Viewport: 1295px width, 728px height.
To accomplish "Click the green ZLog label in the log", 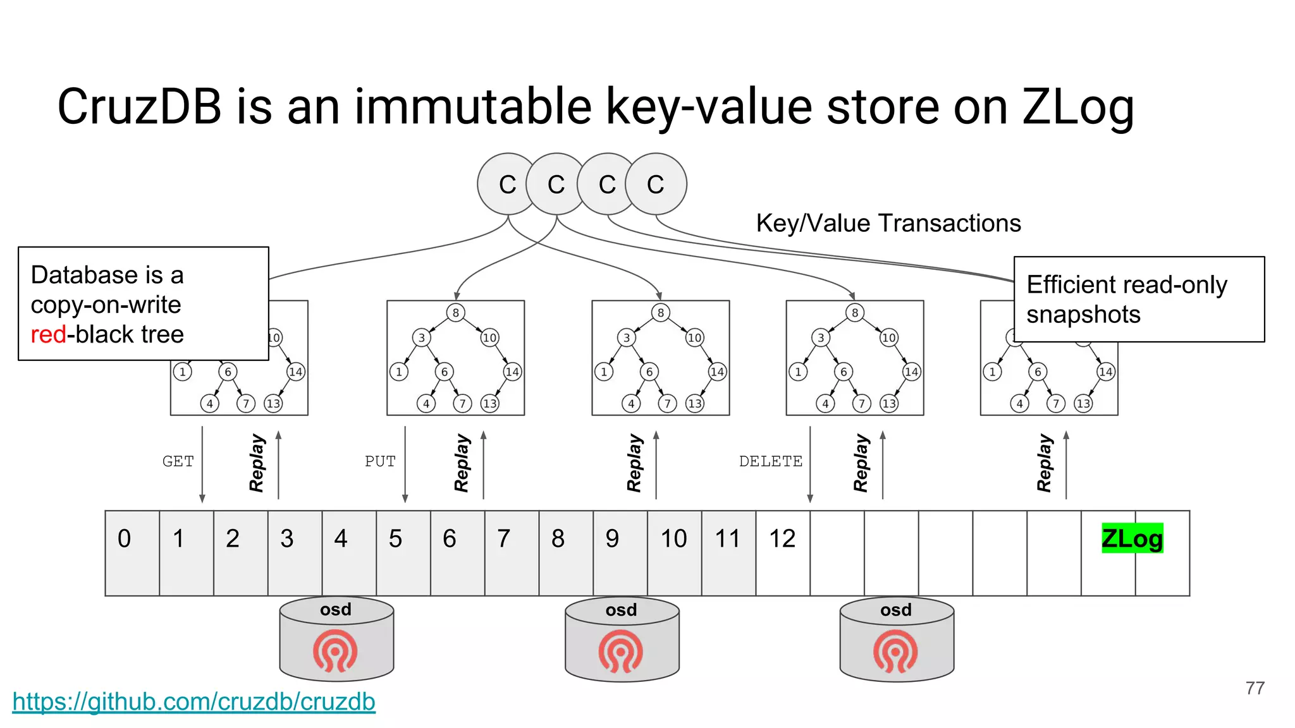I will pos(1132,538).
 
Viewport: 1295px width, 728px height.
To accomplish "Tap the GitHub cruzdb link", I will pos(193,702).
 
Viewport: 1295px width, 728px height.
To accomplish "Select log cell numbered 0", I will pos(132,552).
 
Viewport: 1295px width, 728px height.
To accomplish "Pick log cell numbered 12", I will pos(782,552).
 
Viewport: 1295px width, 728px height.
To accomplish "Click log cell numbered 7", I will pos(512,552).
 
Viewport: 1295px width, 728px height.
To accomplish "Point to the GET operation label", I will pos(178,461).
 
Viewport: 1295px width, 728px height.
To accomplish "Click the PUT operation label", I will pos(380,461).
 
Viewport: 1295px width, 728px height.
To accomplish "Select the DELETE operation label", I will pos(770,461).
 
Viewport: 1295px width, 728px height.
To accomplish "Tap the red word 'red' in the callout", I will pos(48,334).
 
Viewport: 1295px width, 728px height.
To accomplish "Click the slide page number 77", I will pos(1255,688).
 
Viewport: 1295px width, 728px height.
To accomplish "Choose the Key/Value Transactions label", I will pos(888,223).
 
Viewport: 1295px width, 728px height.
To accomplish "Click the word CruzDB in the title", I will pos(140,106).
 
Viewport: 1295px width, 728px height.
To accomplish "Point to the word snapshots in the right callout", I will pos(1083,315).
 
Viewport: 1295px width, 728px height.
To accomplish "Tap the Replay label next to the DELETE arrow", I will pos(861,463).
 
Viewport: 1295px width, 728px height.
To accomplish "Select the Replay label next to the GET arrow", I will pos(257,463).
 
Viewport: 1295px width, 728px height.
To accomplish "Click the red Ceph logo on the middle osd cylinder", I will pos(621,651).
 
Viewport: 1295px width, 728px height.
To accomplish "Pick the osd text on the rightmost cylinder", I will pos(896,610).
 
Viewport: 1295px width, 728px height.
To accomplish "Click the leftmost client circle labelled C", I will pos(507,184).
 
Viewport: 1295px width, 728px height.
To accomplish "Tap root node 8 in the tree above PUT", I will pos(455,312).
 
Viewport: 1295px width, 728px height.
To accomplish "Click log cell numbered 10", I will pos(674,552).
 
